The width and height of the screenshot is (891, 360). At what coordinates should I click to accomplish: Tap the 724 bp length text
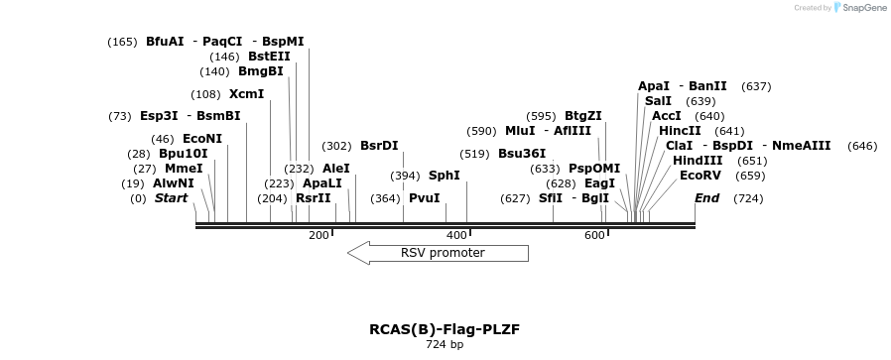pos(445,345)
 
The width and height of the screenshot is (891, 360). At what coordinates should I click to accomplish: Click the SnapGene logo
pos(859,8)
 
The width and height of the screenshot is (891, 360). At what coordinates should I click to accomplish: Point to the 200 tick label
pos(318,235)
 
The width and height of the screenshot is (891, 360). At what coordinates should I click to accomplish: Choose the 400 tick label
pos(456,235)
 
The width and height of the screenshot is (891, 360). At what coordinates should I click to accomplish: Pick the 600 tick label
pos(594,235)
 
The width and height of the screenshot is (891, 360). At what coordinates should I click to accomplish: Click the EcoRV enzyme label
pos(700,176)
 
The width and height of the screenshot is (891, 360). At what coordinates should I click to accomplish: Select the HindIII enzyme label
pos(698,161)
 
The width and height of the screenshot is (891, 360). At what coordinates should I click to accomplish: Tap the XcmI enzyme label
pos(246,94)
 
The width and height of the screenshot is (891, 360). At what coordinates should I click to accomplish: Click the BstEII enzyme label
pos(269,57)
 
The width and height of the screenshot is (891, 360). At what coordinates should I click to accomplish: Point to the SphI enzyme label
pos(444,176)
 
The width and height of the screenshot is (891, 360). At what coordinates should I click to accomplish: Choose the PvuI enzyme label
pos(424,198)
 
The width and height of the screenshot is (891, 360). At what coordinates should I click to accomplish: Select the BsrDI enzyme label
pos(379,146)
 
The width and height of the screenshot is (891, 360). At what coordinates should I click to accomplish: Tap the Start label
pos(171,198)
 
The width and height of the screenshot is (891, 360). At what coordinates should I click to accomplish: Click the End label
pos(706,198)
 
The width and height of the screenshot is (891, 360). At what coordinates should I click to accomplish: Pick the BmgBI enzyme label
pos(260,71)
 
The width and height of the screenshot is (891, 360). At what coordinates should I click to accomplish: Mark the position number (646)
pos(862,146)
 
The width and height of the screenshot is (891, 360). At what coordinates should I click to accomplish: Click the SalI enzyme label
pos(658,101)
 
